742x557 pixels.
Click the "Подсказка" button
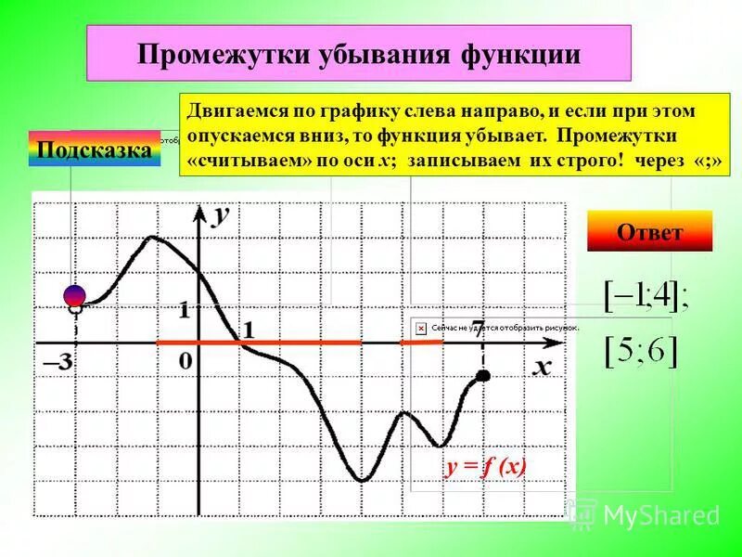(x=95, y=149)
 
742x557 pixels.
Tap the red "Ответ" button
(x=649, y=231)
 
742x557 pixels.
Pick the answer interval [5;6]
(x=641, y=351)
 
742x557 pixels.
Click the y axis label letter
(x=221, y=214)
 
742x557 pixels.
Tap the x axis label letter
(x=542, y=367)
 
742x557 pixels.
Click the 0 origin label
(x=185, y=360)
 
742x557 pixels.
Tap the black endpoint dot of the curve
(x=482, y=375)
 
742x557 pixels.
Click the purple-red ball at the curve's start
(x=75, y=294)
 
